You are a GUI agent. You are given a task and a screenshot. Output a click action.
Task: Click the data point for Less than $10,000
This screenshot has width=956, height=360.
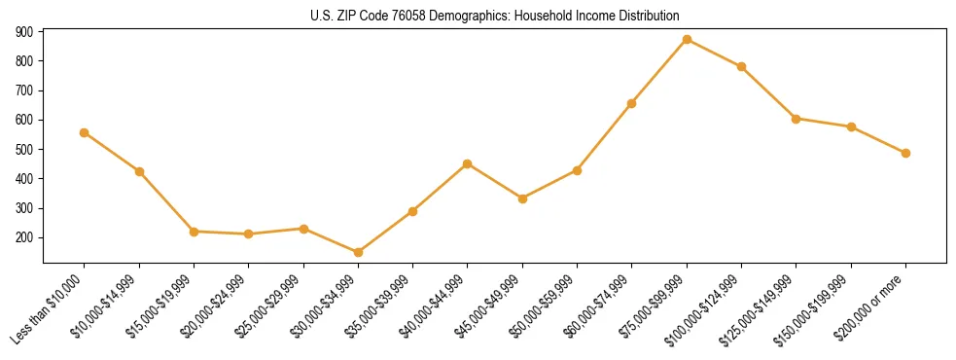[x=85, y=132]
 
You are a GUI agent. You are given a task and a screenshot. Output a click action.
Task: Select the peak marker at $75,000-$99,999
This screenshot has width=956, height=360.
[x=687, y=39]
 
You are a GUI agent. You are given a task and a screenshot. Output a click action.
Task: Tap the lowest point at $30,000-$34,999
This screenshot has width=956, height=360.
[x=358, y=252]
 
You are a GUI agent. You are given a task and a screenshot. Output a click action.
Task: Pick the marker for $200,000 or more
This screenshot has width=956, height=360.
[x=905, y=153]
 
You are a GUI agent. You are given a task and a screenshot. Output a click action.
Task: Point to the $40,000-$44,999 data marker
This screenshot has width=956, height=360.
[x=468, y=163]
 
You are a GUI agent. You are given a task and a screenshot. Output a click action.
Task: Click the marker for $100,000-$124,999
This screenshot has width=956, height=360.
[x=741, y=66]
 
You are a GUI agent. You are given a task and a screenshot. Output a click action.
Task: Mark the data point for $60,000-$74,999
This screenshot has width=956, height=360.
[x=632, y=103]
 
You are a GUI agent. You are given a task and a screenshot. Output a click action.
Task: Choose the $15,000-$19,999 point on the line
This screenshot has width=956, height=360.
[x=195, y=232]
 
